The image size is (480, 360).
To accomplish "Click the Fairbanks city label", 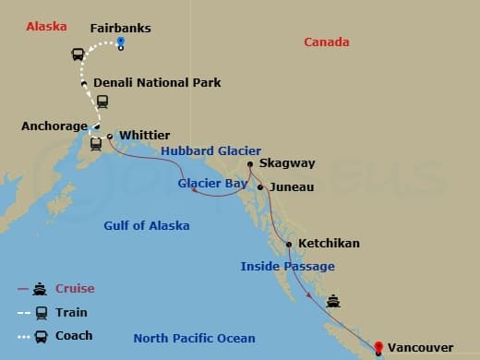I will pos(120,28).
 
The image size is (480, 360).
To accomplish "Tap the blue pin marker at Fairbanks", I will pos(121,45).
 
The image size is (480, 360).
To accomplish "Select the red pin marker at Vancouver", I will pos(378,347).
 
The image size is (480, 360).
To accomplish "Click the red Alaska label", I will pos(46,26).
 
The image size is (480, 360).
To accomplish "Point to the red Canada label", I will pos(327,42).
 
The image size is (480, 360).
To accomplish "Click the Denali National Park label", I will pos(158,82).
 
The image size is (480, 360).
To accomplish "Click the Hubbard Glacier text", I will pos(211,151).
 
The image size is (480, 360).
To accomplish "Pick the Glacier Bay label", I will pos(213,183).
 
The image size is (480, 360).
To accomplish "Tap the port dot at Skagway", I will pos(250,166).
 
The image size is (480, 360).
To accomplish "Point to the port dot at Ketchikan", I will pos(290,245).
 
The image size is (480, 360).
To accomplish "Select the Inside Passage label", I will pos(287,266).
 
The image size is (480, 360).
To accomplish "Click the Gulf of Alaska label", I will pos(147,225).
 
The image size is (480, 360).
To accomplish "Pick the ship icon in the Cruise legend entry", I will pos(42,288).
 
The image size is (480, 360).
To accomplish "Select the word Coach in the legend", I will pos(75,335).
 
